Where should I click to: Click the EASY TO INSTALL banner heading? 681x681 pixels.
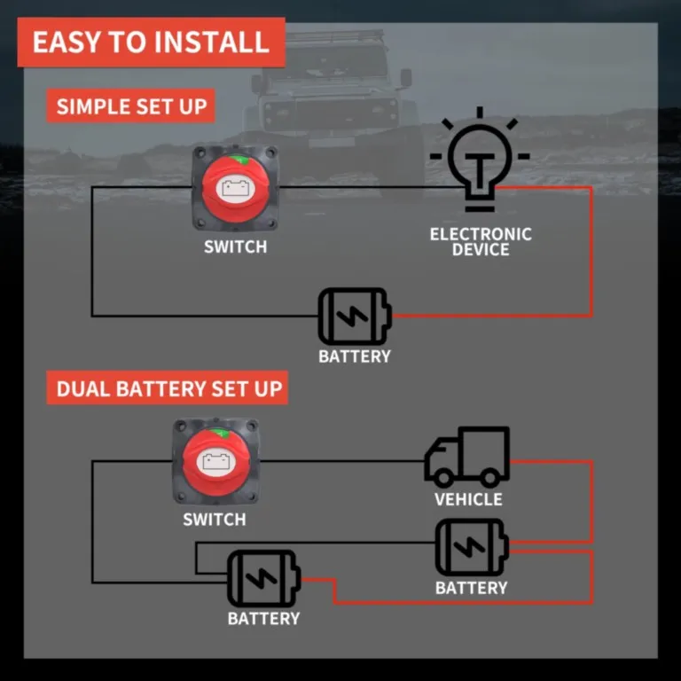click(151, 42)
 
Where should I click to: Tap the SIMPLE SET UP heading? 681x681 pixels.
click(130, 107)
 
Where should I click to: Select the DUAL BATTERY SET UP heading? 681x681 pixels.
click(168, 388)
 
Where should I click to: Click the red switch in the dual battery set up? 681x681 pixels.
click(215, 461)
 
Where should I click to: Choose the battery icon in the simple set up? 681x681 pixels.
click(354, 316)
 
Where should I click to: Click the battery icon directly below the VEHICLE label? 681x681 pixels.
click(471, 547)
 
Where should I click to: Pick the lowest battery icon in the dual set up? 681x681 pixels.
click(263, 579)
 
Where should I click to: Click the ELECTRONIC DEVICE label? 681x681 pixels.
click(481, 241)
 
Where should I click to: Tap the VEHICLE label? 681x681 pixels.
click(468, 499)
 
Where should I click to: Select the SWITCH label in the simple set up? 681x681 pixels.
click(235, 247)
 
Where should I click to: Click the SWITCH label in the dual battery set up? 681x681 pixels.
click(214, 519)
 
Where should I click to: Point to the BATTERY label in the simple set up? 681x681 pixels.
click(354, 356)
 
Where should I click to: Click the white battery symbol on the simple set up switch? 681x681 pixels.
click(235, 188)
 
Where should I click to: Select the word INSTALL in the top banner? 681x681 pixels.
click(218, 42)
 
